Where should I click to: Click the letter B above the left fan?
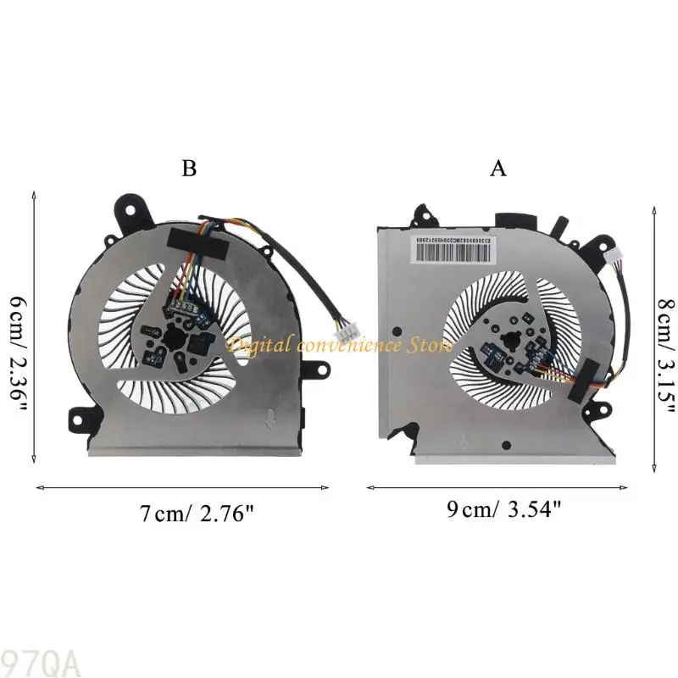coord(189,169)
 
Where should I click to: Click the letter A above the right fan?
coord(498,169)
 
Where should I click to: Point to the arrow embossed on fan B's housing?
coord(269,417)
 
